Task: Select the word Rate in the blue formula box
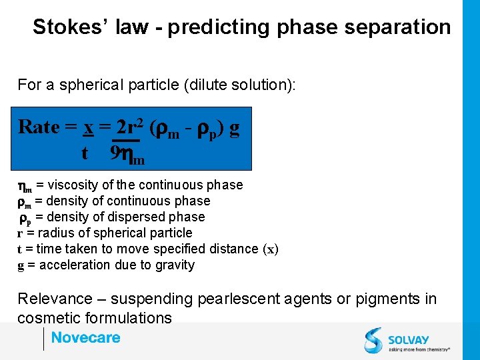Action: (x=39, y=127)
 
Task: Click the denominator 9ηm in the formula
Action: (x=128, y=154)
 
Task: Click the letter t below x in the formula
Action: (x=85, y=154)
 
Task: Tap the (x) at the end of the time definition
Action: (x=271, y=249)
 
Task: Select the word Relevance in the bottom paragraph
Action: (x=55, y=299)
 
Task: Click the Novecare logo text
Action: (x=85, y=338)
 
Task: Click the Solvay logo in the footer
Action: (x=407, y=340)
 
